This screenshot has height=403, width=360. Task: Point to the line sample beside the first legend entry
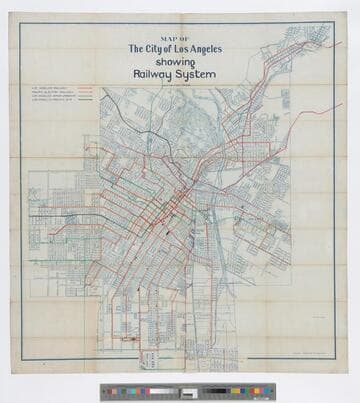pyautogui.click(x=84, y=86)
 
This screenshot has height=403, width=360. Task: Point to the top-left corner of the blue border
pyautogui.click(x=21, y=23)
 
